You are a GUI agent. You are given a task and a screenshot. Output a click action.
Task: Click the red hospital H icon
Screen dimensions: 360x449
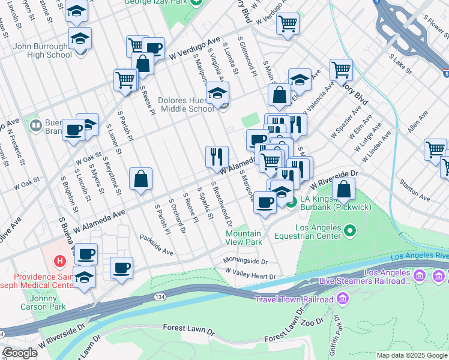59,261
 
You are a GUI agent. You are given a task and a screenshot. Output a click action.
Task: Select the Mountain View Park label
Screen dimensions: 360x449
244,238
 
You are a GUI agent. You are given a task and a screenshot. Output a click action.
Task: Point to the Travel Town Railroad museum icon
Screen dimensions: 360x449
343,298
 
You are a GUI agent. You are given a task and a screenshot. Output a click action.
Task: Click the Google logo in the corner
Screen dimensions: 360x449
20,353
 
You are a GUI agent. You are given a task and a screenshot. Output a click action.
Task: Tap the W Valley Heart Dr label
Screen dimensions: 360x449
250,276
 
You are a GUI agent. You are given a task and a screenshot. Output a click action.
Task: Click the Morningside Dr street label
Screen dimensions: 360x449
245,262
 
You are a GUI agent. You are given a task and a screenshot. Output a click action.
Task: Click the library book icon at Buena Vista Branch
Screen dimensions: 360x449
35,125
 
